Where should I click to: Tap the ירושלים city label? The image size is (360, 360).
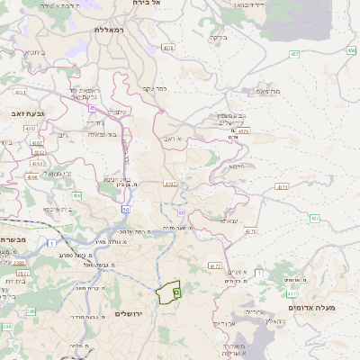(x=130, y=313)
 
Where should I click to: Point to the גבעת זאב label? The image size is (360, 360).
(x=22, y=113)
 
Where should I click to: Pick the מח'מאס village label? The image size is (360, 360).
(x=269, y=91)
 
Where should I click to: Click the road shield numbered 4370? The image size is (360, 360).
(x=250, y=231)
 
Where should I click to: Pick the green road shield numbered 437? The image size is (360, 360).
(x=315, y=219)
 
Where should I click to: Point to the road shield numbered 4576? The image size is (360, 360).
(x=245, y=132)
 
